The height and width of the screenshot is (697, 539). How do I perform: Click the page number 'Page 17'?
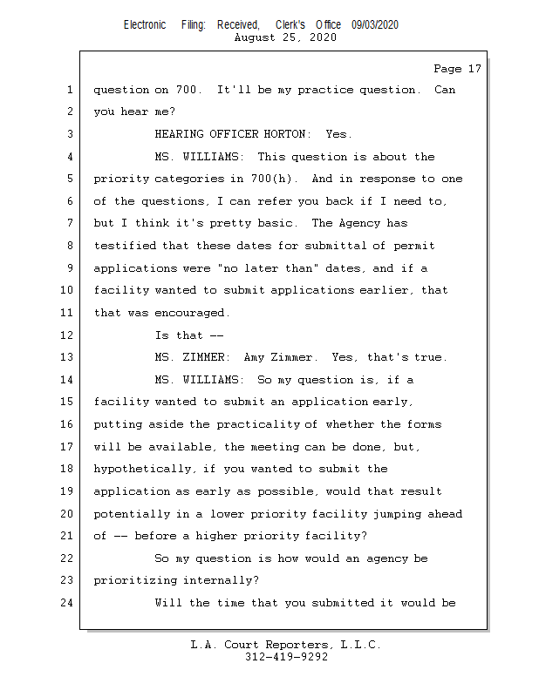[457, 68]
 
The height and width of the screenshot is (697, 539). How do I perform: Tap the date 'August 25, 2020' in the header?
[286, 37]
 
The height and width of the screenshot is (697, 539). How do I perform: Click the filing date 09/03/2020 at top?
[375, 25]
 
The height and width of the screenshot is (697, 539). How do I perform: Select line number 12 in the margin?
[69, 335]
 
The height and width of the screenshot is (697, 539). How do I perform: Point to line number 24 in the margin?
[69, 603]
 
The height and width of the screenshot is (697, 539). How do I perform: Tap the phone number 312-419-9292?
[286, 658]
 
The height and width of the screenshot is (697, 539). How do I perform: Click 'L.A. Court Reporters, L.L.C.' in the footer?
[286, 646]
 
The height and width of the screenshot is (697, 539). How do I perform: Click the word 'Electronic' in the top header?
[145, 25]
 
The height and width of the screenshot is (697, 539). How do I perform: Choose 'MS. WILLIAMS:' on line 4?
[200, 157]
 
